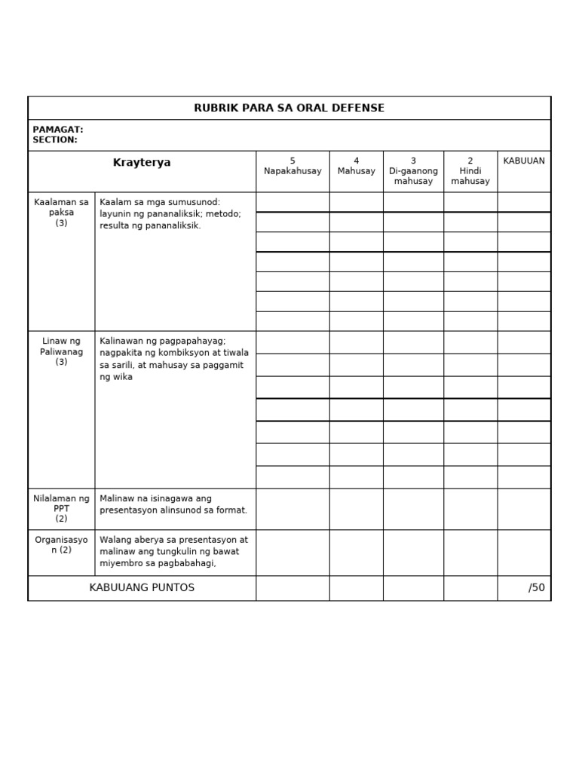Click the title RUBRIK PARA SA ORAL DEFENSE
tap(289, 108)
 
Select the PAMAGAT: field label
tap(57, 130)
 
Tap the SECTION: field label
tap(54, 140)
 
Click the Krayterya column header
tap(142, 163)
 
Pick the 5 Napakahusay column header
tap(293, 167)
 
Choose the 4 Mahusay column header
tap(356, 167)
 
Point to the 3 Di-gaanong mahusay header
tap(413, 171)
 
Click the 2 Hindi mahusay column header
tap(470, 171)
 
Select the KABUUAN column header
tap(524, 161)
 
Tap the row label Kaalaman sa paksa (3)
tap(61, 213)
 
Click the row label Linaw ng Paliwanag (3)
tap(61, 351)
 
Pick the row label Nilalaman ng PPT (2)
tap(61, 508)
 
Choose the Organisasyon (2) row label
tap(61, 544)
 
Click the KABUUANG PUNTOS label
tap(142, 588)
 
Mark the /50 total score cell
tap(536, 588)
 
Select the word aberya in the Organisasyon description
tap(146, 540)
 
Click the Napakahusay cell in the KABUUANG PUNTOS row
tap(293, 588)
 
